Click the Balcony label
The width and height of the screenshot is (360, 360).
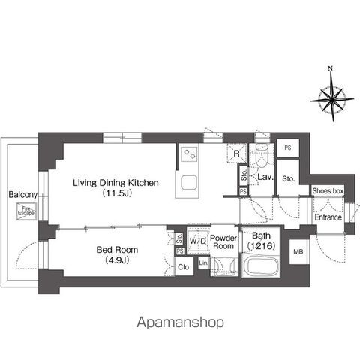[x=18, y=196]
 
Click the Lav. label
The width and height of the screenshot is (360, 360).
[x=265, y=178]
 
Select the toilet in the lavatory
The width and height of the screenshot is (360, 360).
[x=261, y=157]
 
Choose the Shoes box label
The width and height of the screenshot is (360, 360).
[x=327, y=192]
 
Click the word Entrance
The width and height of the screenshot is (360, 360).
[x=328, y=217]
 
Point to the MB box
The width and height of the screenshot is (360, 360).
[x=298, y=252]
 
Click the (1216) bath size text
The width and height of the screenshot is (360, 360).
[x=262, y=245]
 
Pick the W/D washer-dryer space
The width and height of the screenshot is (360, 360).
[x=199, y=240]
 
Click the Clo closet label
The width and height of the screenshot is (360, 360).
[x=183, y=266]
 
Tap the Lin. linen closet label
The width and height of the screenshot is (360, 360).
[x=203, y=264]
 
